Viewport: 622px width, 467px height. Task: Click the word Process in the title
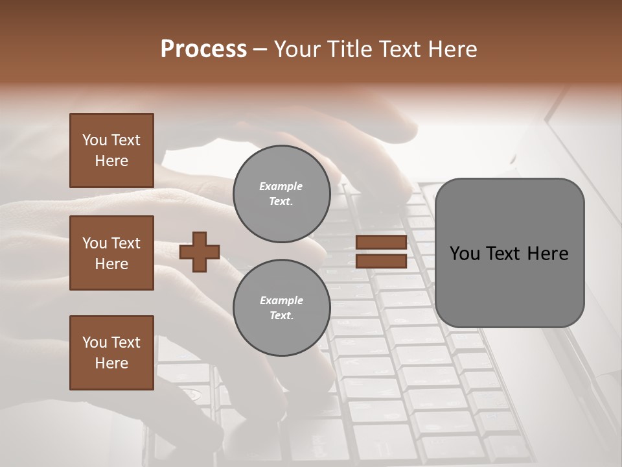203,49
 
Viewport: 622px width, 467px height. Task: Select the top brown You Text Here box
111,150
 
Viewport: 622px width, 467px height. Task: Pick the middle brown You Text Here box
111,253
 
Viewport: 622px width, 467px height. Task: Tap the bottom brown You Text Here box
111,353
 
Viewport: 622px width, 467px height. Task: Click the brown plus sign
200,252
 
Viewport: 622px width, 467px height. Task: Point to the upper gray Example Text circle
281,194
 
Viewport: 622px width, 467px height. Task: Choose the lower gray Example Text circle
281,308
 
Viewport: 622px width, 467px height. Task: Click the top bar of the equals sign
381,243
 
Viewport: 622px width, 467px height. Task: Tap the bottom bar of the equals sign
381,261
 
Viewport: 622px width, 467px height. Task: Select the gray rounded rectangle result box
509,253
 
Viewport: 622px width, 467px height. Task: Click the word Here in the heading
452,49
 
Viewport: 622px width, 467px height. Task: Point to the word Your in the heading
299,49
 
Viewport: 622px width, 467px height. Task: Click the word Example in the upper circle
281,186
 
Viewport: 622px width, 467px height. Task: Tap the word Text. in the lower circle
281,316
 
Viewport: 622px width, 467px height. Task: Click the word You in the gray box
465,254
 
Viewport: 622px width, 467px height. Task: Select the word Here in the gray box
548,254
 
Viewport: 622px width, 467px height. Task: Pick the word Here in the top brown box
111,161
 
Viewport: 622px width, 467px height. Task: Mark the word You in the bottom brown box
94,342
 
